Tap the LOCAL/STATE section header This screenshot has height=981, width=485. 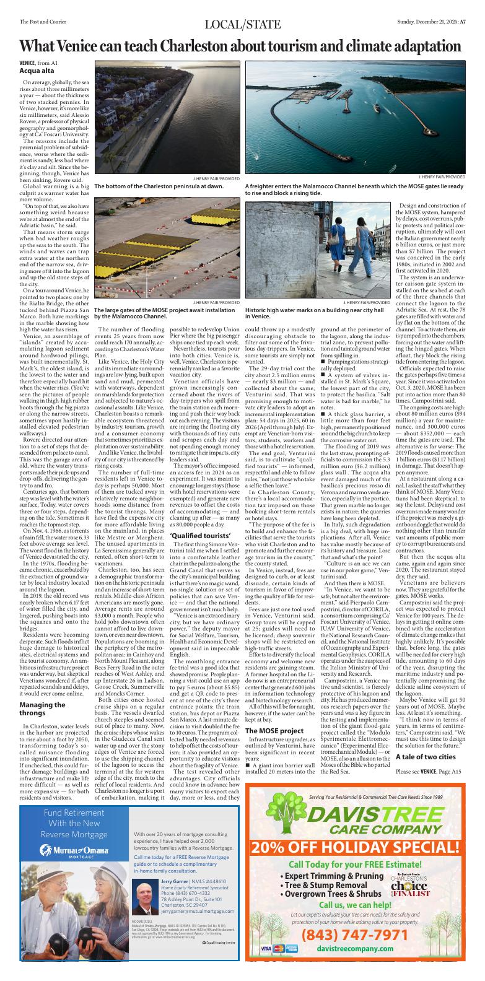242,24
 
